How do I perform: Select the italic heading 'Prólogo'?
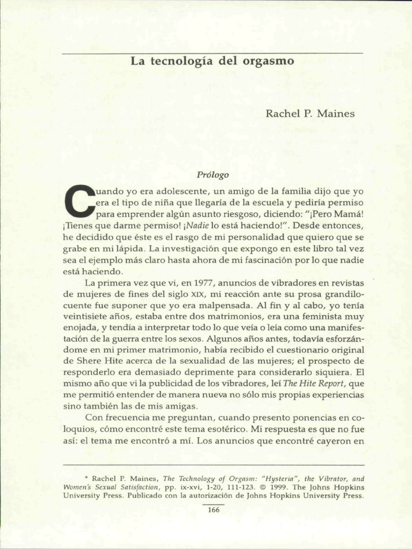point(212,175)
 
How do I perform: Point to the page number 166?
point(214,510)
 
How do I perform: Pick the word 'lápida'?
point(129,248)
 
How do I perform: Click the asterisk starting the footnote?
point(86,478)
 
